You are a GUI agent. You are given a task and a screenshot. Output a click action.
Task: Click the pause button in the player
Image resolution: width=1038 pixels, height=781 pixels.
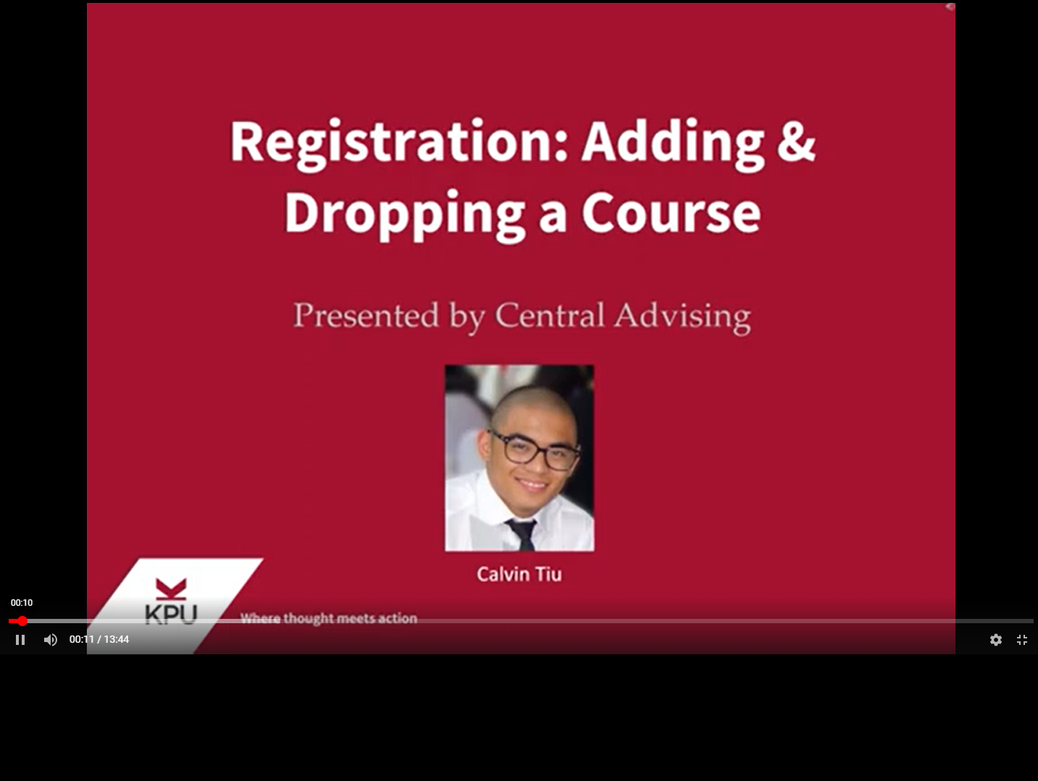point(20,640)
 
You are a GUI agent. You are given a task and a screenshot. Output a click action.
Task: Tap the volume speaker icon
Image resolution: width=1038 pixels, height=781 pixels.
point(50,640)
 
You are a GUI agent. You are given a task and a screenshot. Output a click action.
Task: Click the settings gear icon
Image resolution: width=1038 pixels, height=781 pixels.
point(996,640)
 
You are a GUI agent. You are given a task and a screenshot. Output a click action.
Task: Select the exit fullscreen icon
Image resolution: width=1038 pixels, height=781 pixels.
point(1022,640)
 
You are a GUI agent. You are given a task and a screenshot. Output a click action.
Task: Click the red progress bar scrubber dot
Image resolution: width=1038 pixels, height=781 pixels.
point(22,621)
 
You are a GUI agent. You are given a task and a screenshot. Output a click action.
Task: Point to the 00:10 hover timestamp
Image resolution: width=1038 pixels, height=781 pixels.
point(22,603)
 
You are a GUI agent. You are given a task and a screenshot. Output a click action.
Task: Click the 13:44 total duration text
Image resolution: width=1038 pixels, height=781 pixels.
point(117,640)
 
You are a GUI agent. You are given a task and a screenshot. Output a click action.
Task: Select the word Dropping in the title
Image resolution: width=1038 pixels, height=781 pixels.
point(405,214)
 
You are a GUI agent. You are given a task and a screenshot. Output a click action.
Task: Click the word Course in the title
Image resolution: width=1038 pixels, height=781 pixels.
point(671,214)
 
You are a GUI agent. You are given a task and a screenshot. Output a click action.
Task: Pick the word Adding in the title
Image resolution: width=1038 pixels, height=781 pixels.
point(672,142)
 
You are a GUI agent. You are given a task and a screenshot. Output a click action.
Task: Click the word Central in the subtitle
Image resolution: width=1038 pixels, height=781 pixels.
point(549,316)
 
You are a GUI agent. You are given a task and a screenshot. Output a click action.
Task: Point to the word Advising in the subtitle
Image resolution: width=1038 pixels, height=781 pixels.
point(683,316)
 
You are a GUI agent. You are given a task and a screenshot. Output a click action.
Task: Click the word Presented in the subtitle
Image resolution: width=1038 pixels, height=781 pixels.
point(366,316)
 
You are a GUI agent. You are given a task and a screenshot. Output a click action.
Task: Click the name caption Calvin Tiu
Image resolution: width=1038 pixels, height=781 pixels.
point(519,575)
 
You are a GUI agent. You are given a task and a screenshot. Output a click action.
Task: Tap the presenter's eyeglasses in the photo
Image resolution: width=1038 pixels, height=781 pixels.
point(535,451)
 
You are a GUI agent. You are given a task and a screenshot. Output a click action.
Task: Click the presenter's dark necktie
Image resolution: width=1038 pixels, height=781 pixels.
point(523,533)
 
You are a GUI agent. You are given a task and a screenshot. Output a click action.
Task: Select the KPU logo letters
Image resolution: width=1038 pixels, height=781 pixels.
point(171,614)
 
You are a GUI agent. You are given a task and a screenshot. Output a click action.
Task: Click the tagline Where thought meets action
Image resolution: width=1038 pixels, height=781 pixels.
point(329,618)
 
